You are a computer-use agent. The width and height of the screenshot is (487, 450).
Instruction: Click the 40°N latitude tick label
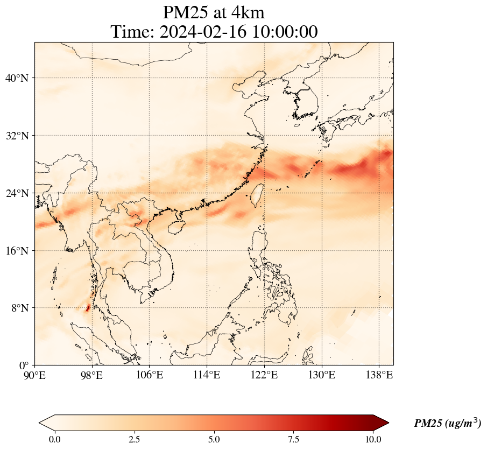(x=16, y=78)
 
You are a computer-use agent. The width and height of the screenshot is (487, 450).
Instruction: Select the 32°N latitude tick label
(x=16, y=136)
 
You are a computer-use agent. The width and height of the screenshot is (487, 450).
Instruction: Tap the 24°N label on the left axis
(x=16, y=193)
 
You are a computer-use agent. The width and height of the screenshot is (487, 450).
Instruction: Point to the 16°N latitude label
(x=16, y=251)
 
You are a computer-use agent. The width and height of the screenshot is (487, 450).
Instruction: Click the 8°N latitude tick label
(x=19, y=308)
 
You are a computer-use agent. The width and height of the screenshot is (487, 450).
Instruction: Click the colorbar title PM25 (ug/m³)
(x=447, y=424)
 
